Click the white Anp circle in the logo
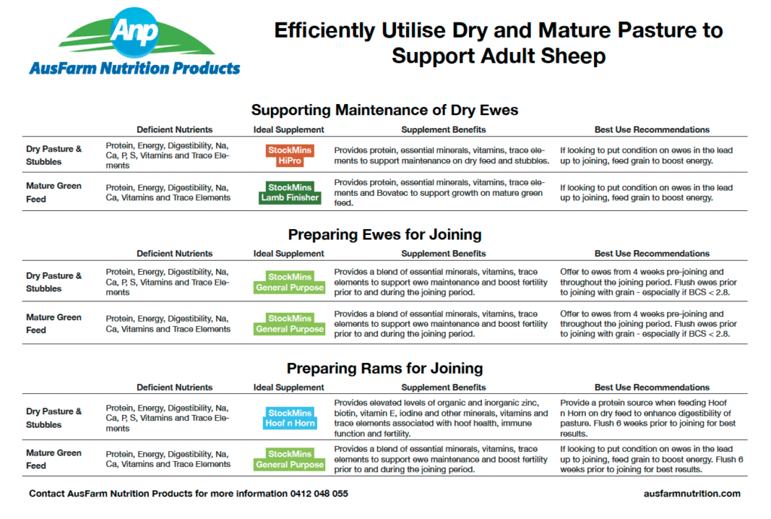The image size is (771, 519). [135, 32]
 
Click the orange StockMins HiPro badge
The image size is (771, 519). [290, 156]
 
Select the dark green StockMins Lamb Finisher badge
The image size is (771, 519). [290, 193]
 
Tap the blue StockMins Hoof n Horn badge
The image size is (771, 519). [290, 418]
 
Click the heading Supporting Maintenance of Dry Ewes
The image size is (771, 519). [385, 110]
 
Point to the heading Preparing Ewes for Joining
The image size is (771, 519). [385, 234]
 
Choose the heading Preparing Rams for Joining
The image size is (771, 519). [385, 369]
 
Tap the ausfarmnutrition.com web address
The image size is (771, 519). [692, 494]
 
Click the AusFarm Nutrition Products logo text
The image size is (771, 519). [135, 69]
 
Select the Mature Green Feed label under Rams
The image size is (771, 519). [53, 459]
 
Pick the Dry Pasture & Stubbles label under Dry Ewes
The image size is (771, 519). [53, 155]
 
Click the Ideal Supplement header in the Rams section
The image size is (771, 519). [289, 388]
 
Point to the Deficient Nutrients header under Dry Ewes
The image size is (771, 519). [175, 130]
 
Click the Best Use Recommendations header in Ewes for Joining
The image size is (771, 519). [652, 254]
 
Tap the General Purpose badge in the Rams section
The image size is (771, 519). [290, 459]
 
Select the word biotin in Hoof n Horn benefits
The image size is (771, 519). [347, 414]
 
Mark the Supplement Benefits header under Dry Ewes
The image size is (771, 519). [443, 130]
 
